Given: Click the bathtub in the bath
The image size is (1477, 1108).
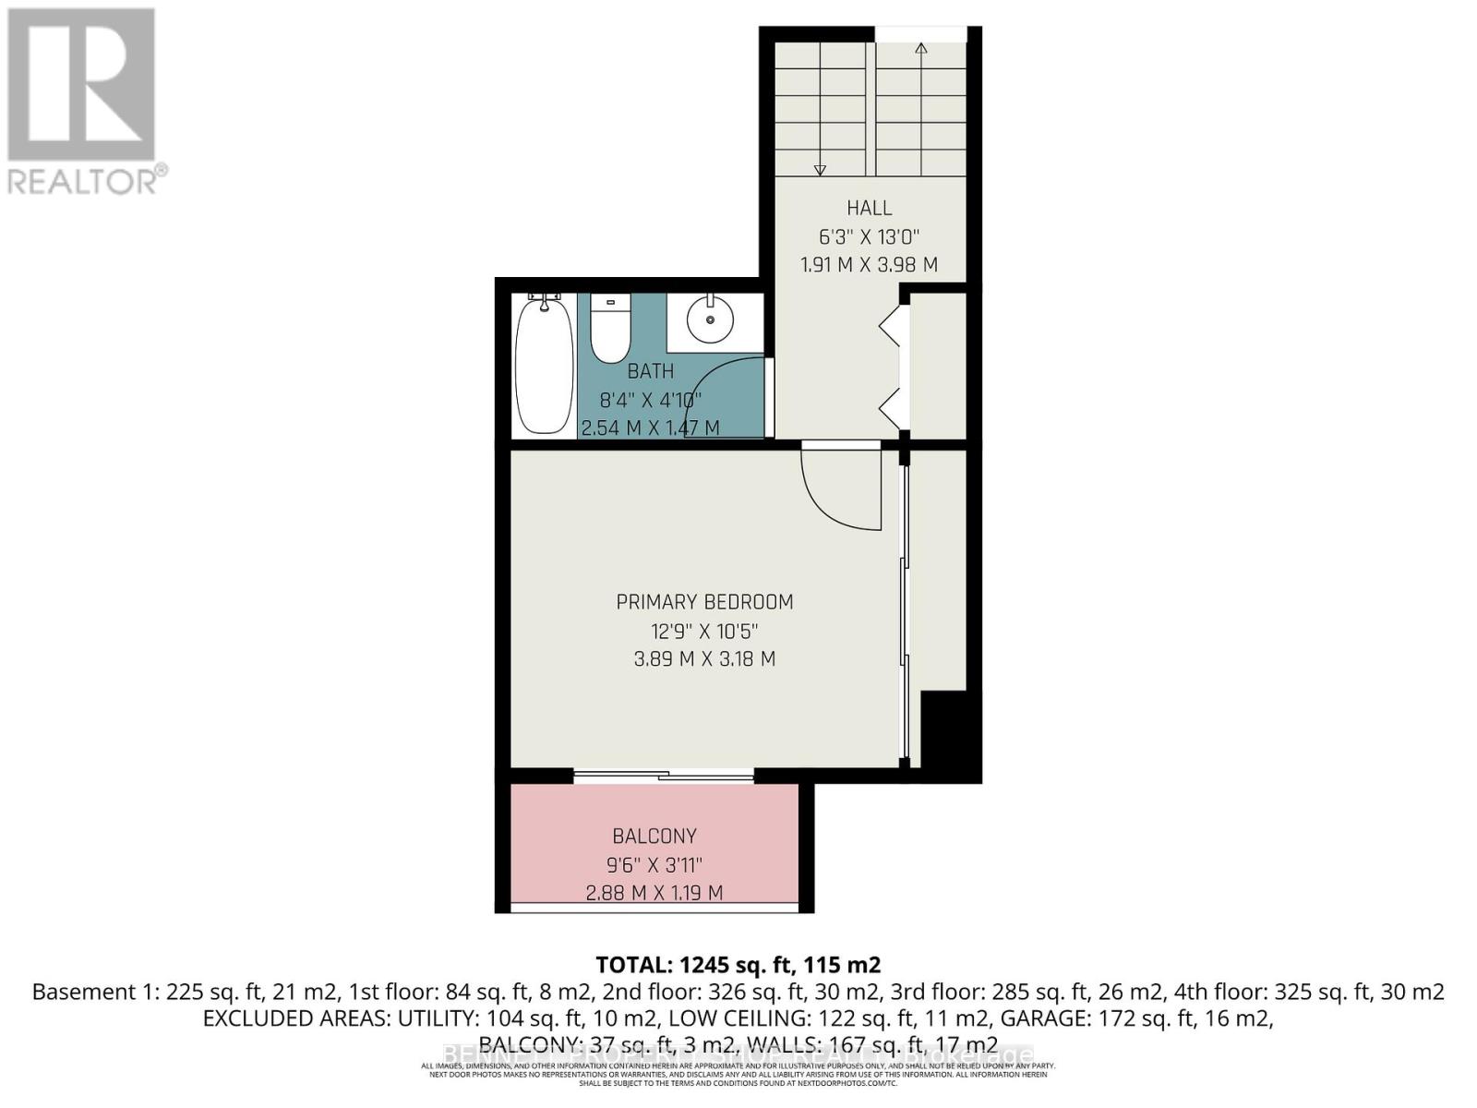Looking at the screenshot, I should (544, 365).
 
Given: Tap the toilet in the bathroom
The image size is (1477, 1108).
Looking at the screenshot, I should (609, 330).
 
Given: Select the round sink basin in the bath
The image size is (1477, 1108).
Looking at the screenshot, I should (710, 319).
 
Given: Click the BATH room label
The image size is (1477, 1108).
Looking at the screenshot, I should (651, 371).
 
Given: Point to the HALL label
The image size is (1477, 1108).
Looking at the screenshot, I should (869, 208).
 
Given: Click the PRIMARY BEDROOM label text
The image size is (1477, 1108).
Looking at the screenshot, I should (704, 602).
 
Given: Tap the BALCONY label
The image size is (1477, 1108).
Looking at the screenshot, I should (654, 837).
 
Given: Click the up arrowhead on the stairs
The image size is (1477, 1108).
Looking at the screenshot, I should (920, 48).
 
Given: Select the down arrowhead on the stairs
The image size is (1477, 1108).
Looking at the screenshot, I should (820, 170).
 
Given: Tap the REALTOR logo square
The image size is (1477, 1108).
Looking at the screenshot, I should (81, 85).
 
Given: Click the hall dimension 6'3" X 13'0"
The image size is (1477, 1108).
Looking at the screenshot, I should (869, 236).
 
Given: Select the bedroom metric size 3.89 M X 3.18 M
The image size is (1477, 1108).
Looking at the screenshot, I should (704, 659).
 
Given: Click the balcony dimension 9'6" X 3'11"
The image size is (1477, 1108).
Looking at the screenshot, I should (654, 865).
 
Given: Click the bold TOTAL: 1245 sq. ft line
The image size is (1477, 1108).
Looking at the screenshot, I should (738, 965).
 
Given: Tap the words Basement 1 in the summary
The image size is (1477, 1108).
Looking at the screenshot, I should (92, 993).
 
